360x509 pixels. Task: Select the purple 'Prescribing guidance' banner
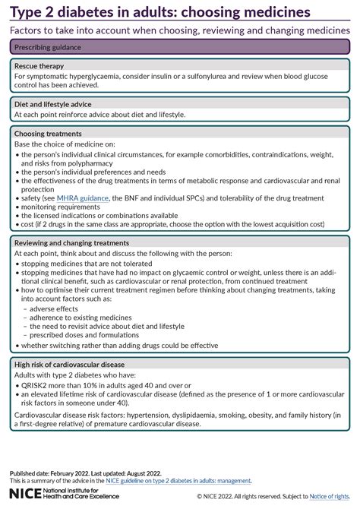(179, 46)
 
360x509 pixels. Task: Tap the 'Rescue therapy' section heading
(41, 66)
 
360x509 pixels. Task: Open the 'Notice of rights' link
(332, 496)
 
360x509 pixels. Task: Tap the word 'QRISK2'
(36, 385)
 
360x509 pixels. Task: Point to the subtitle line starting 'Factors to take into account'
(179, 30)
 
